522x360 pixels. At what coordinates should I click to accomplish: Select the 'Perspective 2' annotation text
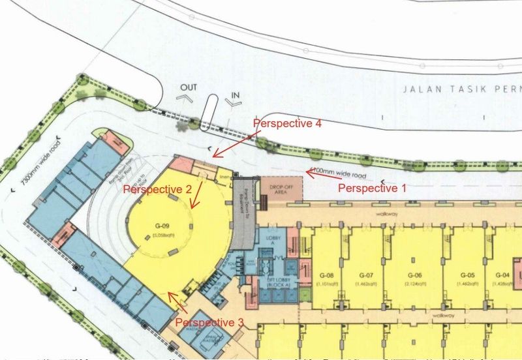tap(157, 190)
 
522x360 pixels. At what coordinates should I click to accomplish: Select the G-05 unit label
tap(466, 275)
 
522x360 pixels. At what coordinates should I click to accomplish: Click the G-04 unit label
tap(502, 275)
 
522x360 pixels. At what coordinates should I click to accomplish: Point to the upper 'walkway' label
tap(381, 213)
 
